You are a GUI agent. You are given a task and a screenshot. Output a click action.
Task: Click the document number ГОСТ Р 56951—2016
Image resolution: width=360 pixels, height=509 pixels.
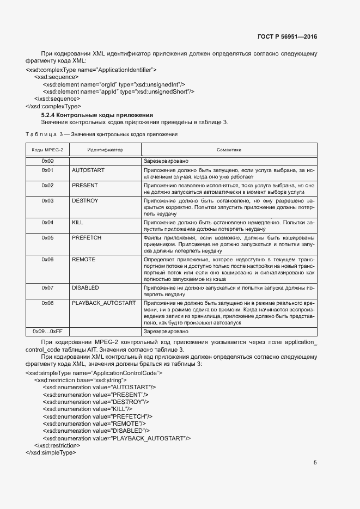click(286, 37)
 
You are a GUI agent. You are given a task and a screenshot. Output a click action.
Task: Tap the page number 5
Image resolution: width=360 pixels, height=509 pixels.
click(315, 463)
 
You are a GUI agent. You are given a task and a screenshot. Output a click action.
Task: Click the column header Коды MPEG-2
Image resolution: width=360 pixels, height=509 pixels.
click(47, 149)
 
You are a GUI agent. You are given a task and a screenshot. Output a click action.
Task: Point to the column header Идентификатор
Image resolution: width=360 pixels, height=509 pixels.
click(105, 149)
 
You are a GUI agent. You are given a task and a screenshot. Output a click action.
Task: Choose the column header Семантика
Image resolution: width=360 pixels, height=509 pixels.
click(229, 149)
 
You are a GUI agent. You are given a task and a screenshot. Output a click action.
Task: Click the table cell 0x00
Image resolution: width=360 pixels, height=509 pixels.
click(47, 162)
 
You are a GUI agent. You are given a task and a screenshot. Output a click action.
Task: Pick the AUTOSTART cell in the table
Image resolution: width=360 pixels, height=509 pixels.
click(88, 170)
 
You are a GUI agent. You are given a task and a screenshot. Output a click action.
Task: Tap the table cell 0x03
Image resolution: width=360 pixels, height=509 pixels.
click(47, 201)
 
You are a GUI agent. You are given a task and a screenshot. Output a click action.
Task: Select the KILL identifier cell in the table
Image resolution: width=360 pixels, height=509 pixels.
click(77, 223)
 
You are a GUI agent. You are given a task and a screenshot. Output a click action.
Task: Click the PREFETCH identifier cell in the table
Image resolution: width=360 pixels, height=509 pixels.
click(87, 238)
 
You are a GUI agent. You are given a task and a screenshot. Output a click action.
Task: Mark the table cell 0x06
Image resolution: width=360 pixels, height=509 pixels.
click(47, 260)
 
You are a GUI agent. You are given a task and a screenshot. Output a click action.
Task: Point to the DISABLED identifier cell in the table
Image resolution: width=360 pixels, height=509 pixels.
click(86, 287)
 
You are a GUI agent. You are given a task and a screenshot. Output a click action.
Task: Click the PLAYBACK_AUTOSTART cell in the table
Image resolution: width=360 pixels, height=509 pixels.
click(103, 303)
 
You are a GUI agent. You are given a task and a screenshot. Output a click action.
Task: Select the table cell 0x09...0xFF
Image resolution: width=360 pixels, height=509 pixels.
click(47, 330)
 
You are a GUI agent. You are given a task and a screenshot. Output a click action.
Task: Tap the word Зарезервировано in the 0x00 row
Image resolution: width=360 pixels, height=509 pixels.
click(166, 162)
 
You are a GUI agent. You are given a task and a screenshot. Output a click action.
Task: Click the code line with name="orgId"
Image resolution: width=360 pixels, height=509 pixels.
click(114, 84)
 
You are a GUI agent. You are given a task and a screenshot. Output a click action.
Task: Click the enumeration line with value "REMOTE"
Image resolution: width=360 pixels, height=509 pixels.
click(93, 423)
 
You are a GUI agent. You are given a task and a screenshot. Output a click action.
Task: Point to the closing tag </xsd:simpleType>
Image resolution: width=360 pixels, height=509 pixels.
click(51, 452)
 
